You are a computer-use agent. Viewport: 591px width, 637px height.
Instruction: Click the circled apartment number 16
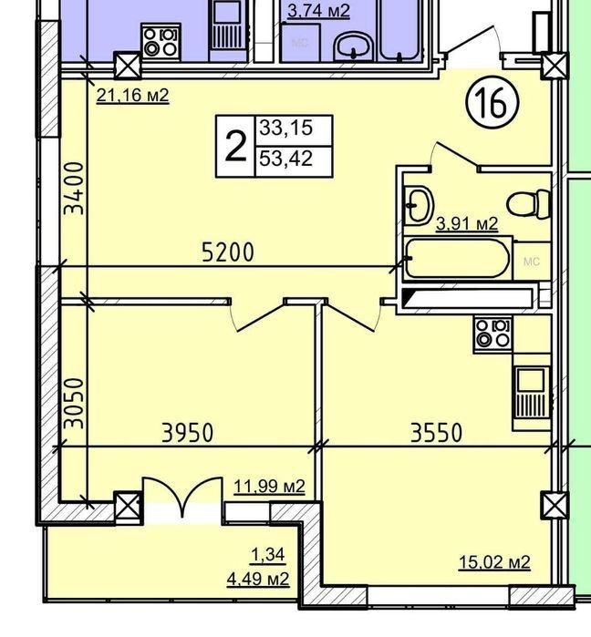tap(493, 102)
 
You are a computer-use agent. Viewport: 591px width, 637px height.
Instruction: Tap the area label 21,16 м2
tap(132, 96)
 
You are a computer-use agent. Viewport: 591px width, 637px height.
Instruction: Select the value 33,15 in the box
tap(286, 128)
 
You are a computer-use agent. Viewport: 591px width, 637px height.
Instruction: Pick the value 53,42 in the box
tap(286, 159)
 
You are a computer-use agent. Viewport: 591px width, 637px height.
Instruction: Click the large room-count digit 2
tap(235, 147)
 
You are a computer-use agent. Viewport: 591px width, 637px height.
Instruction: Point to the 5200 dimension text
tap(228, 252)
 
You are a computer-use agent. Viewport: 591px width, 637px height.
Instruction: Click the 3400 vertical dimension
tap(75, 188)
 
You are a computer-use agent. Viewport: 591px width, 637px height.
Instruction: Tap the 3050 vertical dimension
tap(75, 404)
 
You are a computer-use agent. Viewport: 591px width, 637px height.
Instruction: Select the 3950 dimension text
tap(187, 433)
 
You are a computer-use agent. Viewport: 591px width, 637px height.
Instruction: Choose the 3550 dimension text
tap(436, 433)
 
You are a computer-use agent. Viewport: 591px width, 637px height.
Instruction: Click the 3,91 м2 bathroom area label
tap(467, 224)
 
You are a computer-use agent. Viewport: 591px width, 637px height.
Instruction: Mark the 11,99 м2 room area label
tap(269, 487)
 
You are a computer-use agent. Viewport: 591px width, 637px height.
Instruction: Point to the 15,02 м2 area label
tap(494, 562)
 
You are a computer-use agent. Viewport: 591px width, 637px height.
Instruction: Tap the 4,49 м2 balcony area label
tap(258, 579)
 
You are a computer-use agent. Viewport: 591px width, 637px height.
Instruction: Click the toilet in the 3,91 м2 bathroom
tap(528, 204)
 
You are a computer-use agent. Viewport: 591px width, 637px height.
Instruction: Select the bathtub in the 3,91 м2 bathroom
tap(457, 259)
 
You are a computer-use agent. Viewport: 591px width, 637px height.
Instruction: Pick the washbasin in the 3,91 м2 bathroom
tap(419, 205)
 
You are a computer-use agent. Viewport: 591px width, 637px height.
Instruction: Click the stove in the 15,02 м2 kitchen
tap(493, 334)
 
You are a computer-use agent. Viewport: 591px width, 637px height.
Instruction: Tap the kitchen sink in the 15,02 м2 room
tap(531, 393)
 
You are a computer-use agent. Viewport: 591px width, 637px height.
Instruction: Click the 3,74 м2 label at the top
tap(318, 11)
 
